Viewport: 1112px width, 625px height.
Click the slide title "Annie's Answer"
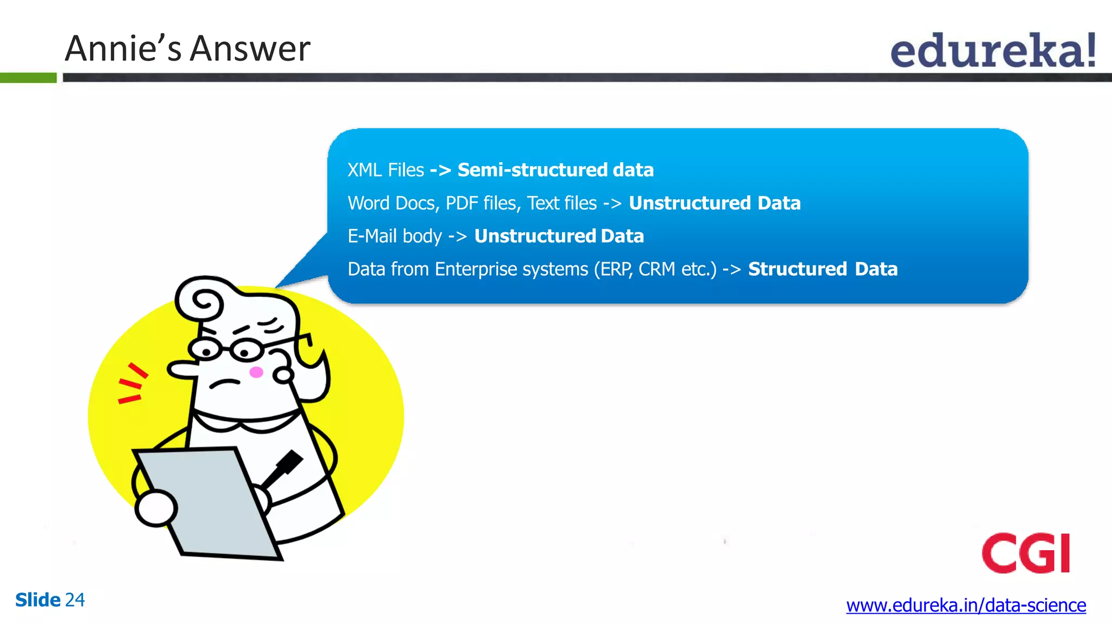[x=187, y=49]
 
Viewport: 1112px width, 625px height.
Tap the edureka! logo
[x=993, y=51]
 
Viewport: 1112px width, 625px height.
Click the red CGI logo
[x=1025, y=553]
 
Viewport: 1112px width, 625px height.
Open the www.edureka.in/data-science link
[x=965, y=605]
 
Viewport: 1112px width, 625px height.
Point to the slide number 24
[x=74, y=600]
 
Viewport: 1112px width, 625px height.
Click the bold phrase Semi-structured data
[x=555, y=170]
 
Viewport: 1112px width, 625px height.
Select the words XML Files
[x=386, y=170]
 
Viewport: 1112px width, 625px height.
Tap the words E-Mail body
[x=395, y=237]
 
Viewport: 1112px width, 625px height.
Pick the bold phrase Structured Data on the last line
[x=822, y=270]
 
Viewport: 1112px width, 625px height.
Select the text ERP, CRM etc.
[x=655, y=270]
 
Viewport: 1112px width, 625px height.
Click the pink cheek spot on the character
[x=256, y=372]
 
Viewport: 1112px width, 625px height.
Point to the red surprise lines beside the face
[x=131, y=384]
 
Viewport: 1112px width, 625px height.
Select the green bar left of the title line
[x=28, y=78]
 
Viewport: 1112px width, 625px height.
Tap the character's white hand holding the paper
[x=156, y=508]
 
